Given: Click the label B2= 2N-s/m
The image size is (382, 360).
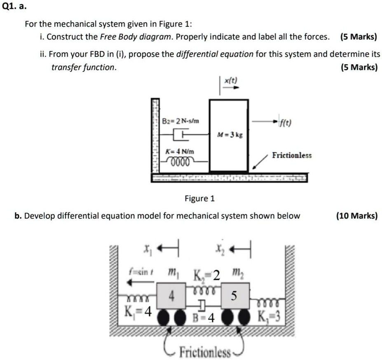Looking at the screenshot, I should coord(180,121).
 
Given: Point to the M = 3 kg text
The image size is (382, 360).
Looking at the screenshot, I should coord(230,135).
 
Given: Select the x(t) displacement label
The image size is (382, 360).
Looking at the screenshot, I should coord(230,81).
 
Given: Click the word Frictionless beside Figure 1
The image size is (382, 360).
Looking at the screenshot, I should coord(292,155).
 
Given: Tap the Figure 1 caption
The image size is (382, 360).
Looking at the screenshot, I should coord(199,199).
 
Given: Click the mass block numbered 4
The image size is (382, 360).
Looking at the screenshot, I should coord(171,296).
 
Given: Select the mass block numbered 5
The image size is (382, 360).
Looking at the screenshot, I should coord(234,296).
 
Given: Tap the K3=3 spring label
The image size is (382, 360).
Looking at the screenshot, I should coord(269,317).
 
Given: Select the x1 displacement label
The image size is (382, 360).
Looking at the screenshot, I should coord(145,249).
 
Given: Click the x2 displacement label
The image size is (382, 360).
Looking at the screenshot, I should coord(218,249).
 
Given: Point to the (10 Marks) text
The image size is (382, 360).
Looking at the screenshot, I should coord(356,216).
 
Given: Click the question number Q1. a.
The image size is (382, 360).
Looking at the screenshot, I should coord(13,7).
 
